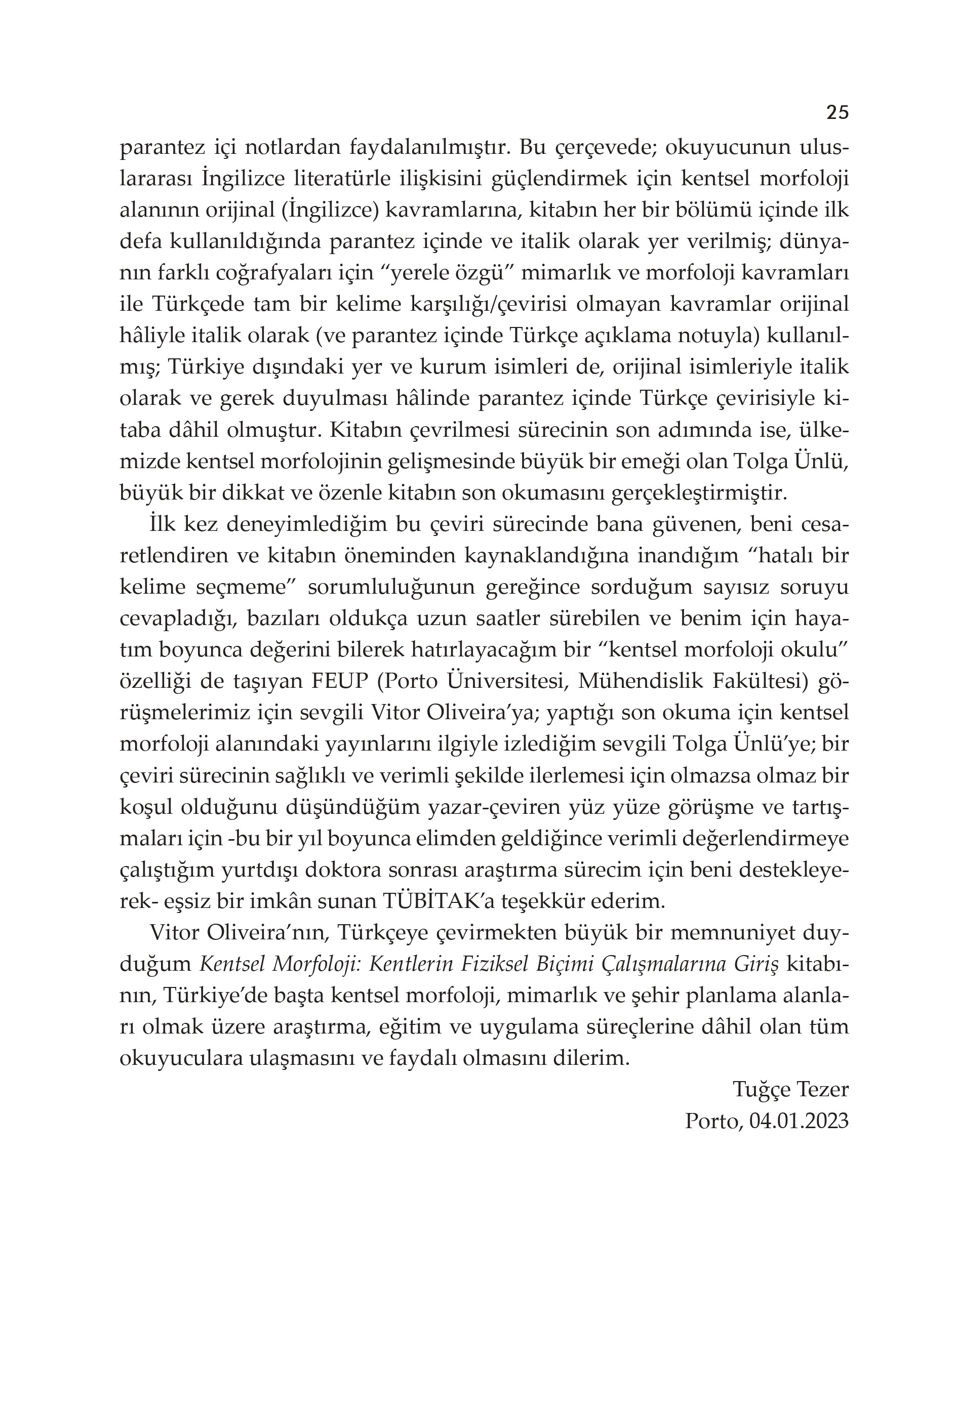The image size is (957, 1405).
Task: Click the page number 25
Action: pyautogui.click(x=836, y=112)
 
